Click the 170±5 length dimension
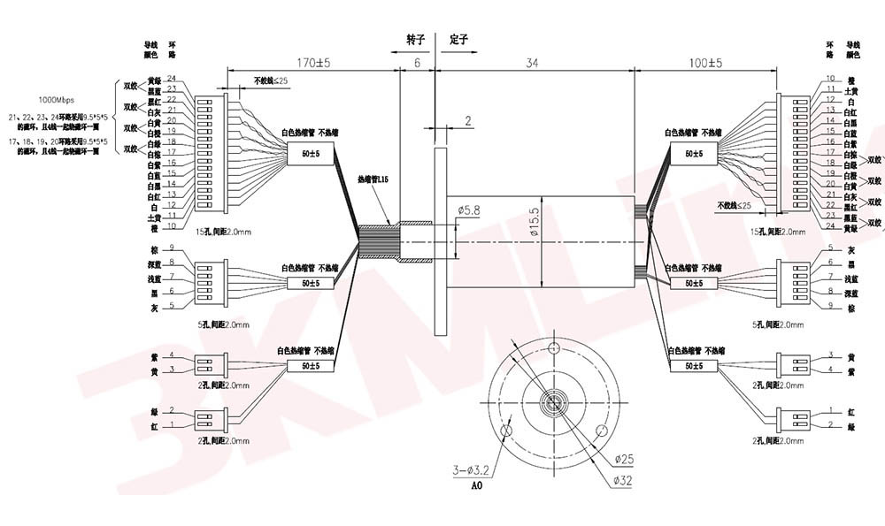coord(312,64)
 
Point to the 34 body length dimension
coord(533,64)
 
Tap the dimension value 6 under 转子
coord(417,64)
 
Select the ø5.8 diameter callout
coord(470,210)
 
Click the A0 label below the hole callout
coord(477,486)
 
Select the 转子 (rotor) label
coord(416,41)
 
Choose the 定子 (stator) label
coord(458,41)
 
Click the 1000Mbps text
coord(56,100)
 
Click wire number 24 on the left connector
coord(173,79)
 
